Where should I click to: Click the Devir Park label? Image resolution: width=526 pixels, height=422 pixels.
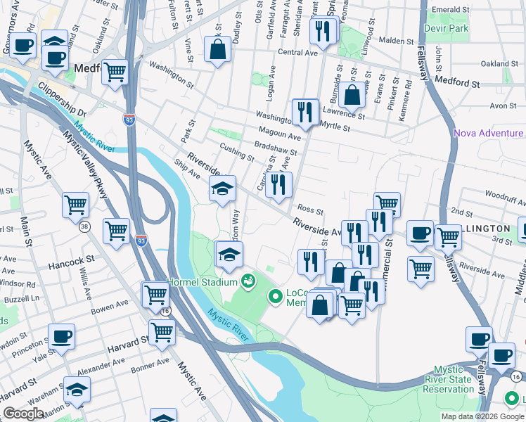click(x=447, y=29)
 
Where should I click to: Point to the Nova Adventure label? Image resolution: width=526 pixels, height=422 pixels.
click(x=489, y=133)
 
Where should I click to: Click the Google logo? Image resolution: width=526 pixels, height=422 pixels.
click(x=23, y=414)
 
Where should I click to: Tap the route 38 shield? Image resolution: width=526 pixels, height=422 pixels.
click(x=85, y=226)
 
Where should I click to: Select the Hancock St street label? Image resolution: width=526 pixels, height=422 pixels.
click(x=71, y=267)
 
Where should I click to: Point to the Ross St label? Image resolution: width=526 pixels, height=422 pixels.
click(x=309, y=210)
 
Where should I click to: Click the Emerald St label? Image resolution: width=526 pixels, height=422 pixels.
click(x=451, y=9)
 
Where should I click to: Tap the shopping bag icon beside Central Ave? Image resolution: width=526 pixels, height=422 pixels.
click(x=217, y=49)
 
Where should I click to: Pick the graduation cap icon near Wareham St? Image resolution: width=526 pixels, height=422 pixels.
click(x=77, y=389)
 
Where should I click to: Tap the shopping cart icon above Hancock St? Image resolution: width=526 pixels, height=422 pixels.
click(x=116, y=229)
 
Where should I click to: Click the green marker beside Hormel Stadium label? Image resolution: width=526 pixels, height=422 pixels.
click(x=247, y=282)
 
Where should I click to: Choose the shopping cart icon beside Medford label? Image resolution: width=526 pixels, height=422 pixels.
click(x=115, y=71)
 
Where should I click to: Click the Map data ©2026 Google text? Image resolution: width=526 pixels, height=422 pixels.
click(x=482, y=416)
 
